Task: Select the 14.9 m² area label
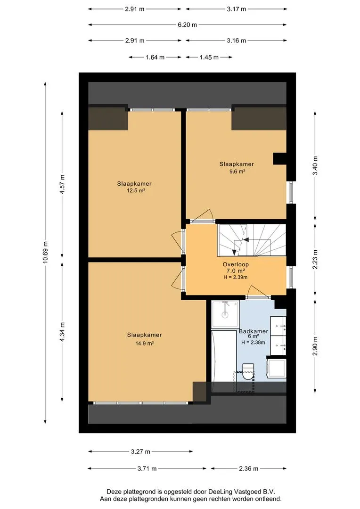(x=145, y=343)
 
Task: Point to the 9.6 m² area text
(x=237, y=172)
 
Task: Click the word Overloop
(x=236, y=264)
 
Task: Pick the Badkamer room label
(x=254, y=331)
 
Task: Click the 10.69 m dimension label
(x=45, y=253)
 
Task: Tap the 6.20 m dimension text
(x=188, y=25)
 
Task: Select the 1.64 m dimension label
(x=155, y=57)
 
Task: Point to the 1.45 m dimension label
(x=209, y=57)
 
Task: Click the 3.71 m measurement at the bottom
(x=147, y=468)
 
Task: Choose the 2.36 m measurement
(x=249, y=468)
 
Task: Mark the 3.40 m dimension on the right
(x=315, y=165)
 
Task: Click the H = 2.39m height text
(x=236, y=277)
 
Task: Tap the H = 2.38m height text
(x=253, y=342)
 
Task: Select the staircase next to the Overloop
(x=252, y=240)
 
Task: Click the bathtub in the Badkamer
(x=224, y=356)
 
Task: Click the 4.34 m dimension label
(x=63, y=331)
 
